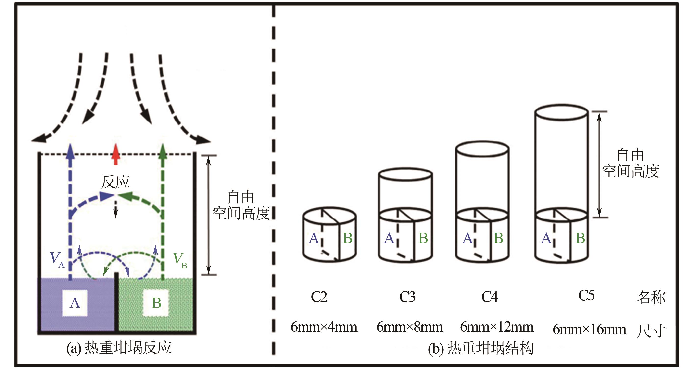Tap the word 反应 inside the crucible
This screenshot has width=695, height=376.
click(115, 182)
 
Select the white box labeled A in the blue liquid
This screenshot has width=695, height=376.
click(75, 303)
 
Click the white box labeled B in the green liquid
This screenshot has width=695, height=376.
click(156, 303)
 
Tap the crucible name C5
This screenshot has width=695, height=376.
click(586, 295)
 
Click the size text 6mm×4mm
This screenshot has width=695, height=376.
click(324, 327)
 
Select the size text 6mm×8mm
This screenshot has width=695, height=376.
click(410, 327)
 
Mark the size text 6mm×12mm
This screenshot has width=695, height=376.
click(497, 327)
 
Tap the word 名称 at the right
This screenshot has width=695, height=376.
click(651, 298)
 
